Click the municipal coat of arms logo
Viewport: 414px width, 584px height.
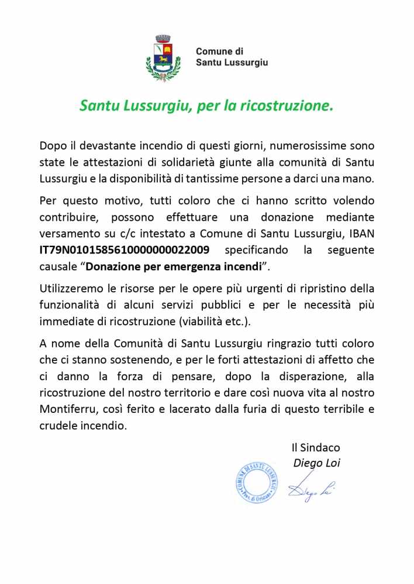(x=163, y=58)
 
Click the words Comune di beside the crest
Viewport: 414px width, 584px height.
(x=219, y=51)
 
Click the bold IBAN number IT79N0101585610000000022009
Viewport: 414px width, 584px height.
(x=125, y=250)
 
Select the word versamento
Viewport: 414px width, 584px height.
(x=68, y=234)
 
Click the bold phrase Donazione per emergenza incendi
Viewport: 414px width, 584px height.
(x=173, y=266)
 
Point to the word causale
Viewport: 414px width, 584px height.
(x=57, y=266)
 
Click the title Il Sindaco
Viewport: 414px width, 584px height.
(x=316, y=447)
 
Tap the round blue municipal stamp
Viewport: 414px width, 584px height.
(x=257, y=483)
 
